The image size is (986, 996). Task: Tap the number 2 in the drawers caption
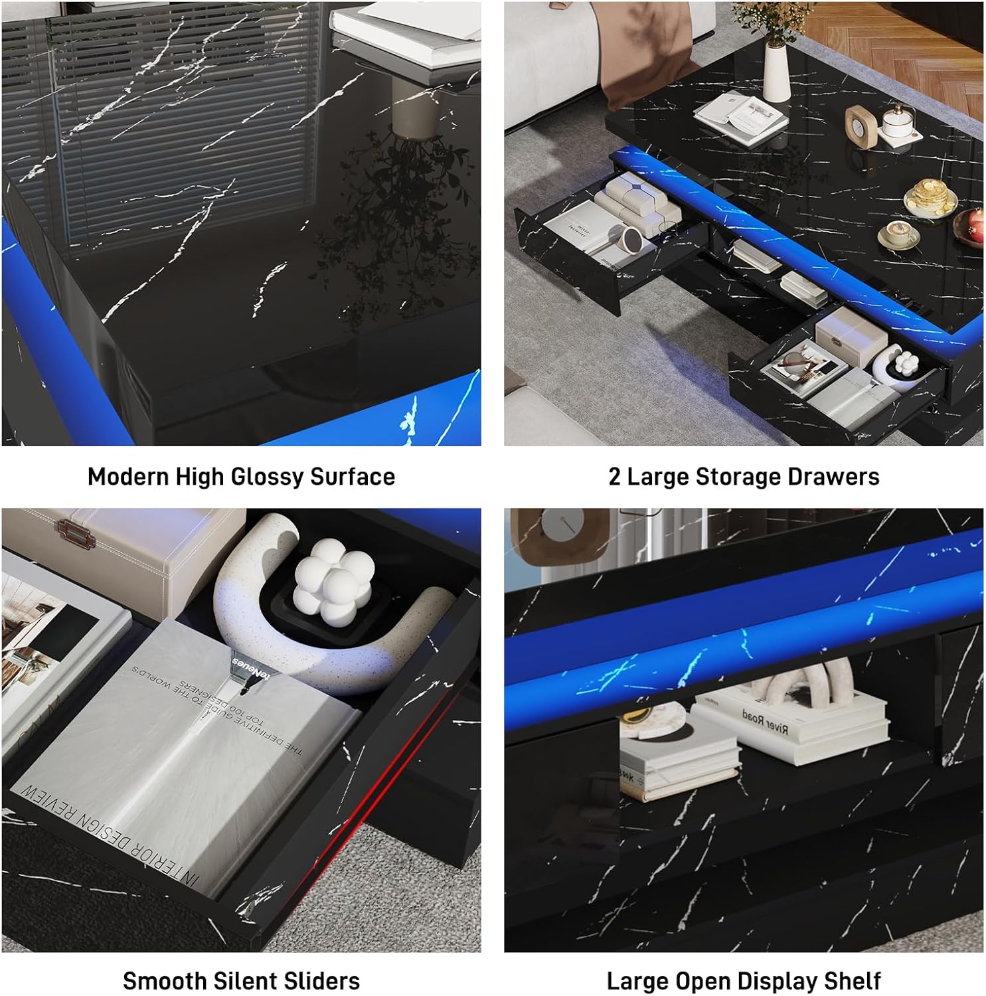point(614,477)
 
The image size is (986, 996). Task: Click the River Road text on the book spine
point(765,722)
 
